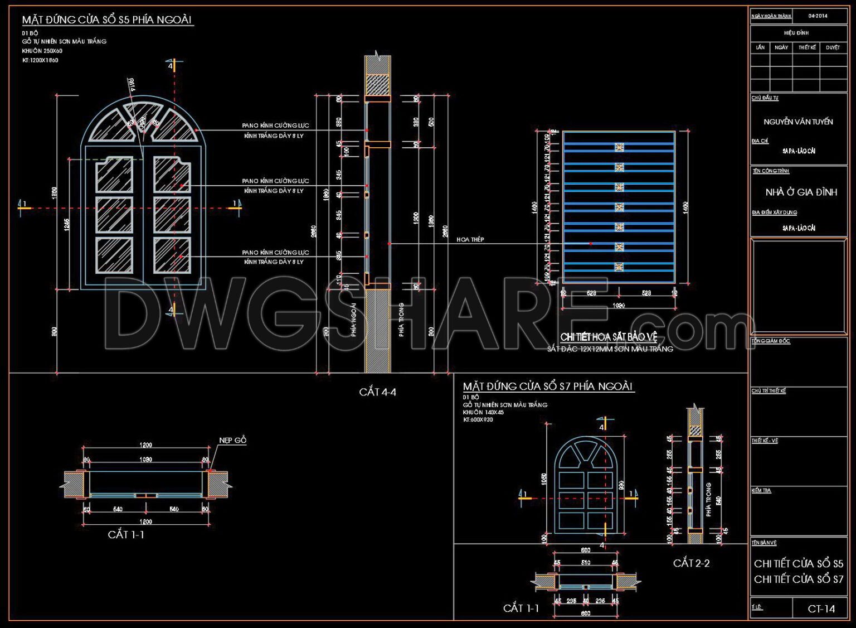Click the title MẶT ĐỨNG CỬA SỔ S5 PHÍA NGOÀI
[x=106, y=20]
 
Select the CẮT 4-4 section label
[x=377, y=392]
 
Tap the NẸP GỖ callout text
[x=232, y=441]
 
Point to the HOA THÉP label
[x=470, y=240]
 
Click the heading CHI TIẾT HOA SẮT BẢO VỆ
[x=609, y=337]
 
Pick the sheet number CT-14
[x=821, y=609]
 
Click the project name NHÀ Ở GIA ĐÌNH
[x=801, y=192]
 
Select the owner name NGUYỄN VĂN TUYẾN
[x=798, y=122]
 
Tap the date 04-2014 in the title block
[x=818, y=16]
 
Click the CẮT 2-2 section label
[x=691, y=563]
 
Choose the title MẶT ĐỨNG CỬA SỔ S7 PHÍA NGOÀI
[x=548, y=387]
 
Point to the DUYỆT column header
[x=833, y=48]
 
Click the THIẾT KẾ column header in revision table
[x=806, y=48]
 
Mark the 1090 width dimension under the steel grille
[x=619, y=306]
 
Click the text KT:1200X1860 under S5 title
[x=40, y=60]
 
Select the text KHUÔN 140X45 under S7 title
[x=483, y=413]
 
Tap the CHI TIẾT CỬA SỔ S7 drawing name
[x=798, y=579]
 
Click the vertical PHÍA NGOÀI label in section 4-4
[x=354, y=320]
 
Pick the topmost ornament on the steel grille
[x=619, y=148]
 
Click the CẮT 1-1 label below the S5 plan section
[x=126, y=535]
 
